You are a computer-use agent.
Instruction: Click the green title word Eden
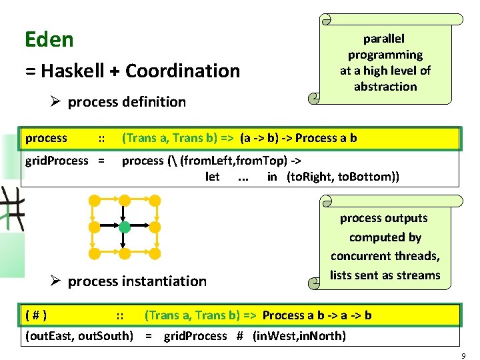coord(49,40)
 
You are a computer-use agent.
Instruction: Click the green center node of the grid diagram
coord(125,227)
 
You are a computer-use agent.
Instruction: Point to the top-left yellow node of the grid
coord(95,199)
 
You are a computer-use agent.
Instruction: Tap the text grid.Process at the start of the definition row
coord(56,160)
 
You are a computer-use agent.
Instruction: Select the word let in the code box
coord(213,177)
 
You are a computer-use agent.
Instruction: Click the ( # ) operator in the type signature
coord(35,315)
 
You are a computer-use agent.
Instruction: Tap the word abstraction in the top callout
coord(385,87)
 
